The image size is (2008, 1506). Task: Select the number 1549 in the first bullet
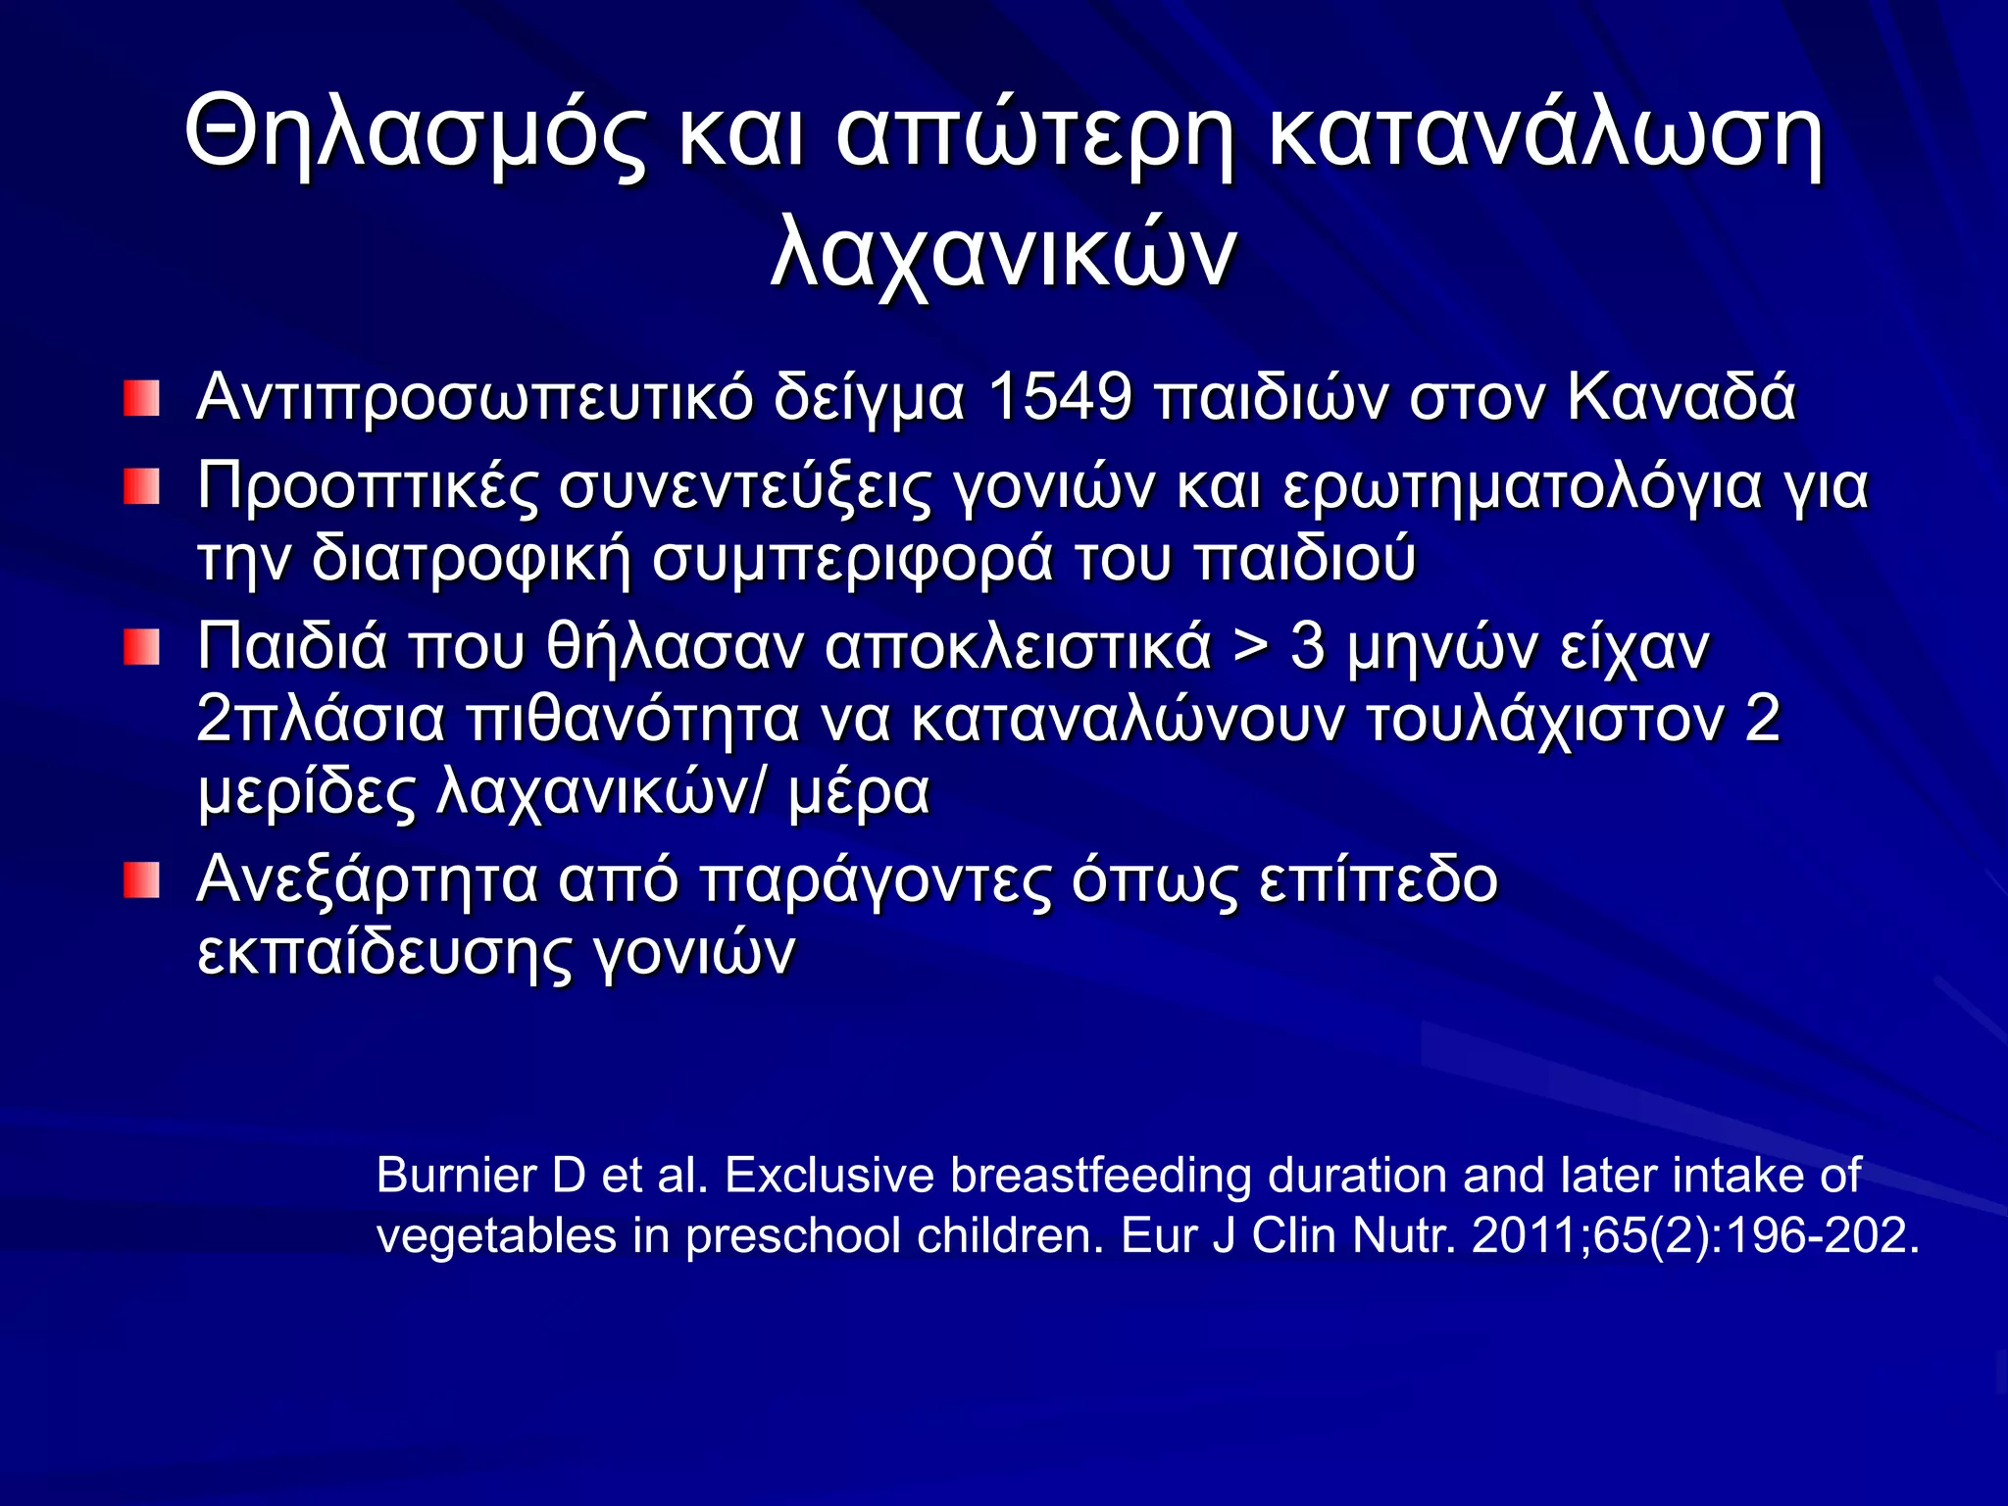1059,398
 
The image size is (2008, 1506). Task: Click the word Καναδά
1681,398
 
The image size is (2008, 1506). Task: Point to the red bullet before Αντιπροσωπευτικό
141,399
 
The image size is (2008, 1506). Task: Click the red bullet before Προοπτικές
141,487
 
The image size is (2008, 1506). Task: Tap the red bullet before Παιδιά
141,647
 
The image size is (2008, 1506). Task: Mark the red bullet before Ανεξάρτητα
141,879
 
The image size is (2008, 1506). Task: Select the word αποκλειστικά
1018,647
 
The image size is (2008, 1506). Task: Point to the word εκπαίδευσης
383,952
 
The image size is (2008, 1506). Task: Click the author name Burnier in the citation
456,1175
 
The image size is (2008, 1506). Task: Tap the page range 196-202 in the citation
1822,1235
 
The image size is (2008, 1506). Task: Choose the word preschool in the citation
792,1235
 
